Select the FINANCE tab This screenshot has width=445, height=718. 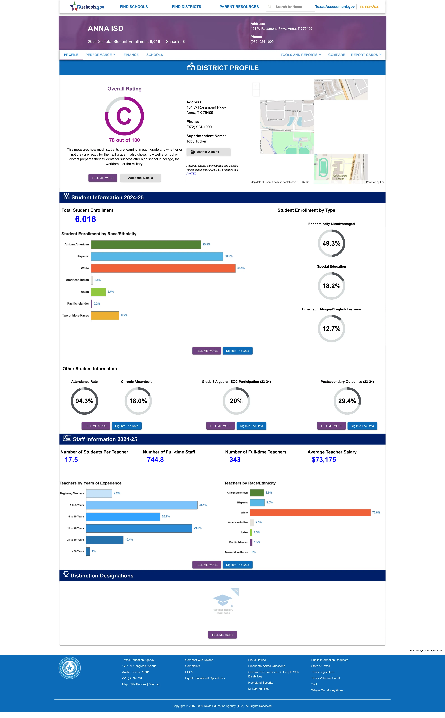[131, 55]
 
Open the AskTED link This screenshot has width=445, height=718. [191, 174]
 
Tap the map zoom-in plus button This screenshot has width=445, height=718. [256, 86]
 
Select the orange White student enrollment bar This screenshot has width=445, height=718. [163, 268]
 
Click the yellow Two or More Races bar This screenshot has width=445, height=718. [105, 316]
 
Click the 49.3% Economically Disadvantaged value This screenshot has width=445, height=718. [331, 243]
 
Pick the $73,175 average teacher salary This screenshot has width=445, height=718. [324, 460]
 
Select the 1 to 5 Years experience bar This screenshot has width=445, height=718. [142, 505]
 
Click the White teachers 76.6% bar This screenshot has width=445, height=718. [310, 513]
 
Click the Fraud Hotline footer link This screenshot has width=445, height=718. [257, 660]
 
